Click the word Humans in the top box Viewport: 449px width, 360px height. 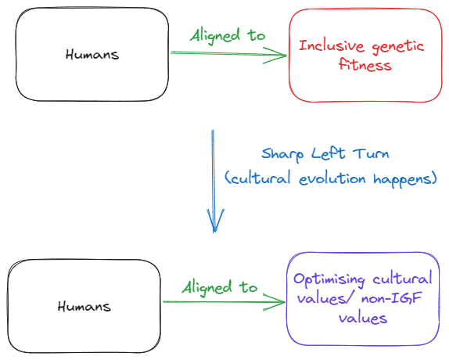[x=92, y=55]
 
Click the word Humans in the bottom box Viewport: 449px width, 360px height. [x=84, y=307]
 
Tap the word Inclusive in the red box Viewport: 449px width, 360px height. [x=332, y=46]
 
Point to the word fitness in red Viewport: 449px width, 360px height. [x=365, y=64]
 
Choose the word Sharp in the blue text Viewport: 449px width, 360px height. [x=282, y=155]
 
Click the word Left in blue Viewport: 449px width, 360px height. [x=329, y=153]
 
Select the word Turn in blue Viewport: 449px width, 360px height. [x=371, y=154]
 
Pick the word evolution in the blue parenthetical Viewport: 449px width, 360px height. [x=332, y=178]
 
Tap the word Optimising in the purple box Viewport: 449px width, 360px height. [x=329, y=279]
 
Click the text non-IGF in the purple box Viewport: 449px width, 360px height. [x=391, y=298]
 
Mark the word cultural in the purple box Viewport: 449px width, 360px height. [x=402, y=278]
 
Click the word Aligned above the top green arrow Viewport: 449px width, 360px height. [x=215, y=36]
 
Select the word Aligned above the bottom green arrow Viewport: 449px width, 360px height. [x=207, y=288]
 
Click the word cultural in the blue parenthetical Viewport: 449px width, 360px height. [x=260, y=178]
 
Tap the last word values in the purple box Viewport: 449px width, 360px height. [x=363, y=319]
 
